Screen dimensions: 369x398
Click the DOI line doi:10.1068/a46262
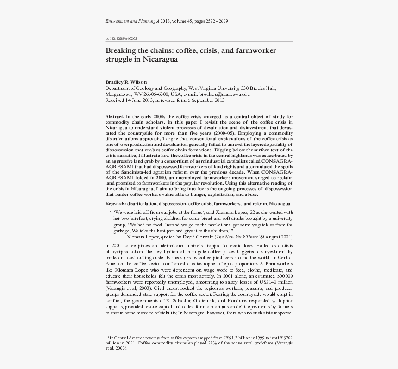tap(121, 39)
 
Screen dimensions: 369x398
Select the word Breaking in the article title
tap(121, 50)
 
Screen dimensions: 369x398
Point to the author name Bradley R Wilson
tap(126, 82)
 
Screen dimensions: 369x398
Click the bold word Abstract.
tap(114, 116)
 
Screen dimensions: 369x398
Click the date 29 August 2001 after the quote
tap(276, 237)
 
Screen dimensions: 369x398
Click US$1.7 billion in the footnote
tap(238, 338)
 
